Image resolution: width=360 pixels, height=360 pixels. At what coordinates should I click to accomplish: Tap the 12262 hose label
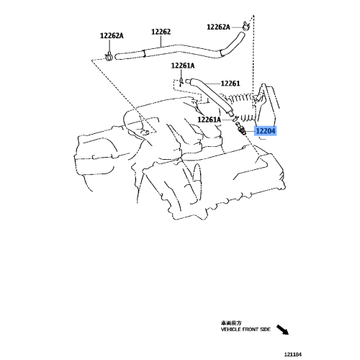pyautogui.click(x=161, y=32)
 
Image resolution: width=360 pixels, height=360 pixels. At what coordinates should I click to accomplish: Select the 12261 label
pyautogui.click(x=230, y=83)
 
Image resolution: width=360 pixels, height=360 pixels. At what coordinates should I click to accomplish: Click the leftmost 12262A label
pyautogui.click(x=111, y=36)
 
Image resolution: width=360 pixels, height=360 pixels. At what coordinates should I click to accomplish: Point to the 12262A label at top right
pyautogui.click(x=218, y=27)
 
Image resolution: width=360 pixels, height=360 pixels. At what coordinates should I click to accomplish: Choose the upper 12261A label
pyautogui.click(x=183, y=66)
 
